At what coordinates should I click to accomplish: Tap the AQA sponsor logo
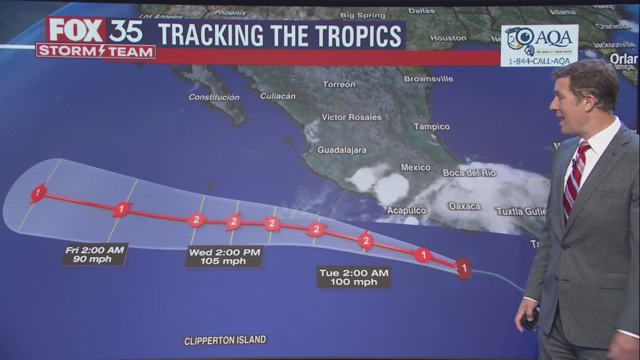[539, 45]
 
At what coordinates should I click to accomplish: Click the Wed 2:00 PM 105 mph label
[224, 256]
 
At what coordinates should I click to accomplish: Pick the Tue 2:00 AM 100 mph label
[354, 277]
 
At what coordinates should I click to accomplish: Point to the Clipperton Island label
[225, 340]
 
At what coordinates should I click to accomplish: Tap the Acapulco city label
[406, 210]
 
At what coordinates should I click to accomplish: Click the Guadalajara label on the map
[342, 150]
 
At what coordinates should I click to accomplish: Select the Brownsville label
[428, 79]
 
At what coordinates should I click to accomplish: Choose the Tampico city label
[431, 126]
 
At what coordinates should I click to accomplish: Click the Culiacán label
[277, 96]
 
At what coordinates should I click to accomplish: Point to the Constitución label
[214, 97]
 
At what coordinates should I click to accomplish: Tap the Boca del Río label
[469, 173]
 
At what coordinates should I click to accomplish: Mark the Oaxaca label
[464, 206]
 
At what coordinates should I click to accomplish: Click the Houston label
[448, 38]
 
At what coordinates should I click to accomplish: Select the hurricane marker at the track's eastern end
[463, 268]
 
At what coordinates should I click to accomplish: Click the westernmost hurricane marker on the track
[38, 192]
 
